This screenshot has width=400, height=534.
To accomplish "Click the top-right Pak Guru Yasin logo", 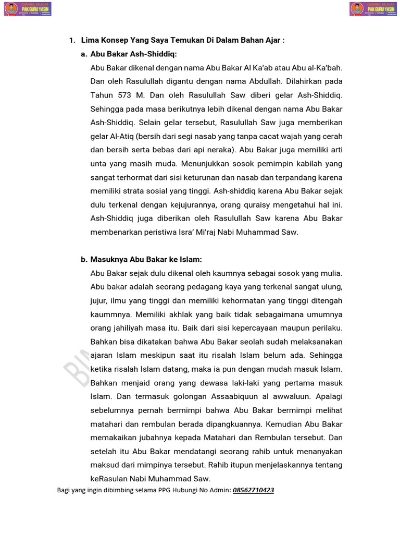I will pos(374,9).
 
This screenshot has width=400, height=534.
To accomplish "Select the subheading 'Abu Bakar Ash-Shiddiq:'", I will pos(133,54).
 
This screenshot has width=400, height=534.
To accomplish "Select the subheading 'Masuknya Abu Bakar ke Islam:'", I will pos(146,259).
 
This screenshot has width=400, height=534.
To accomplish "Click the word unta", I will pos(99,164).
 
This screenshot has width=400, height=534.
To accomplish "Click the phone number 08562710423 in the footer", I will pos(253,491).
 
